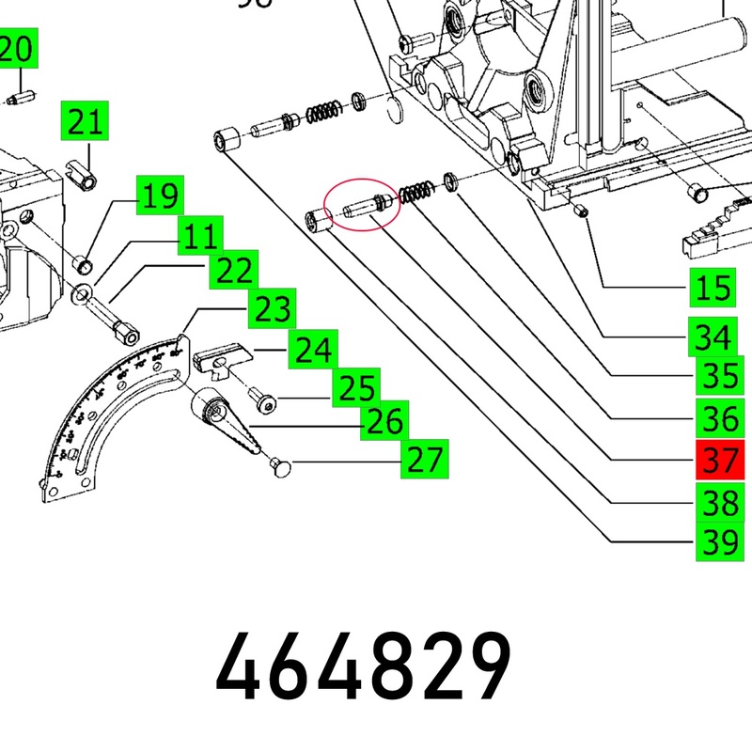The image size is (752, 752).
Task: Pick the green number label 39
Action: pyautogui.click(x=716, y=543)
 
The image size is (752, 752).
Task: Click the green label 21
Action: pyautogui.click(x=85, y=123)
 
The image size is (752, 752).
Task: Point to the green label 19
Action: pyautogui.click(x=160, y=196)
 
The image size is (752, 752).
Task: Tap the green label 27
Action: pyautogui.click(x=425, y=461)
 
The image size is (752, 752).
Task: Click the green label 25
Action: pyautogui.click(x=357, y=387)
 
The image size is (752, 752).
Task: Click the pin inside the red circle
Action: pyautogui.click(x=361, y=205)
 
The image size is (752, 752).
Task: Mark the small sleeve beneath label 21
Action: pyautogui.click(x=83, y=173)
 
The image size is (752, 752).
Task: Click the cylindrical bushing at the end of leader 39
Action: pyautogui.click(x=224, y=142)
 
